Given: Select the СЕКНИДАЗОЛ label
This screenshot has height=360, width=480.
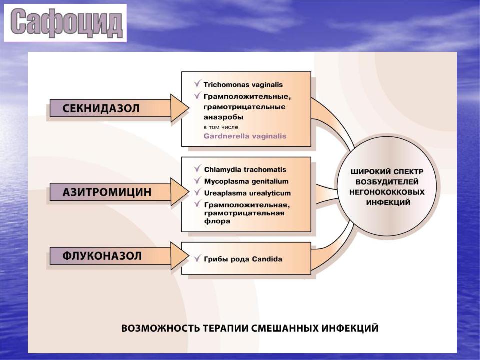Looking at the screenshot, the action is pos(101,108).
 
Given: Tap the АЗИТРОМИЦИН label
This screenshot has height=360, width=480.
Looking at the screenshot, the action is pos(107,192).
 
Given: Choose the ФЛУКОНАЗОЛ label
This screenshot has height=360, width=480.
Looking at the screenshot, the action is pos(102,256).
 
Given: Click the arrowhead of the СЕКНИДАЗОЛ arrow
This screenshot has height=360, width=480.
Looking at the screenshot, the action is pos(180,108).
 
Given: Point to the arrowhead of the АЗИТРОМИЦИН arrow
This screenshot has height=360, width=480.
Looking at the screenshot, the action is pos(180,192).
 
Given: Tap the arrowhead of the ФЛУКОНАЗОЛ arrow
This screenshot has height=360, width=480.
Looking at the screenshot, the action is pos(180,256).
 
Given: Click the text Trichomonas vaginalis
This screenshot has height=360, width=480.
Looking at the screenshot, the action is pos(243,85).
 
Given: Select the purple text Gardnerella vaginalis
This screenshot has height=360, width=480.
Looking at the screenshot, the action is pos(245,136).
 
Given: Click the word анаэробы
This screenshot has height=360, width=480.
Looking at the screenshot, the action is pos(224,117).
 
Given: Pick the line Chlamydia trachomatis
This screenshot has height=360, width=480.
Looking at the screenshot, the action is pos(245,169).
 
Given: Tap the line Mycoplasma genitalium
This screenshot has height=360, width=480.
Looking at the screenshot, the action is pos(246,181).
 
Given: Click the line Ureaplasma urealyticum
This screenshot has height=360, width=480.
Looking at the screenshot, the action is pos(247,193).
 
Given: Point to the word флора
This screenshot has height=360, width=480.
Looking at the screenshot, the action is pos(217,221).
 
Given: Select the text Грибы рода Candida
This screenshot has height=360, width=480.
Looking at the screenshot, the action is pos(243,259).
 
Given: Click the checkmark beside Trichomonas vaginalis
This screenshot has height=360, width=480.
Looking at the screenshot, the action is pos(198,83).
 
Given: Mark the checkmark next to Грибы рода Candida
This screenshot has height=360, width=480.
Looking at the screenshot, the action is pos(198,258).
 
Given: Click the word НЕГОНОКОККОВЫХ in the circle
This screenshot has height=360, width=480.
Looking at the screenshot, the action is pos(387,192).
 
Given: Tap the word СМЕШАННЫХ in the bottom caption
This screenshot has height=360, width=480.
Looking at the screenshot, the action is pos(285,328).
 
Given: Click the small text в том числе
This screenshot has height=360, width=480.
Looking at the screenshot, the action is pos(221,127).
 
